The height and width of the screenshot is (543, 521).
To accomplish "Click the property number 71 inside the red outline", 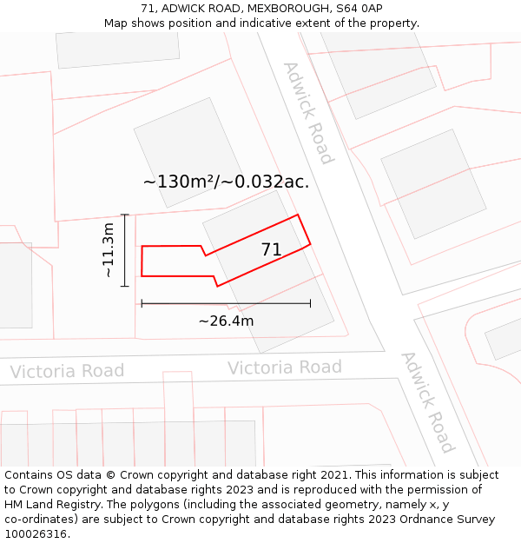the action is click(272, 250).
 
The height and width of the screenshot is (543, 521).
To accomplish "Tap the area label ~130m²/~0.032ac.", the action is click(226, 182).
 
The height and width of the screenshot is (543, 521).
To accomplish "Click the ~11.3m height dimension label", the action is click(109, 250).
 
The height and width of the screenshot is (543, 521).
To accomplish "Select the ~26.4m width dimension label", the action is click(226, 321).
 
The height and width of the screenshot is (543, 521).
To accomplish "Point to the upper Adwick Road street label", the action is click(308, 113).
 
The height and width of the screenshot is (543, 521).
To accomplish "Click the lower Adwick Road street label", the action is click(427, 402).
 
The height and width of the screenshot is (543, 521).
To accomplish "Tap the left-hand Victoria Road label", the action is click(67, 372).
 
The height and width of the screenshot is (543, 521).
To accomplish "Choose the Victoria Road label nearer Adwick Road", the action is click(285, 368).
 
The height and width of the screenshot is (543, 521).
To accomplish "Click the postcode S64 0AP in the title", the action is click(359, 8).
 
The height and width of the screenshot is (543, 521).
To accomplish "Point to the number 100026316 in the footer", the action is click(34, 534).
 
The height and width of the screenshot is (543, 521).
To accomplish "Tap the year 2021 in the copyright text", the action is click(334, 475).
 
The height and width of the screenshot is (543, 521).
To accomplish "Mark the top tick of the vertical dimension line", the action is click(125, 215).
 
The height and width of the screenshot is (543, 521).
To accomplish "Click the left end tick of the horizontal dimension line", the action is click(142, 303).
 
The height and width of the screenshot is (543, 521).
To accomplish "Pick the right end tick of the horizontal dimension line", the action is click(310, 303).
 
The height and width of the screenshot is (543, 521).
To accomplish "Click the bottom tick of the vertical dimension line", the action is click(125, 286).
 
